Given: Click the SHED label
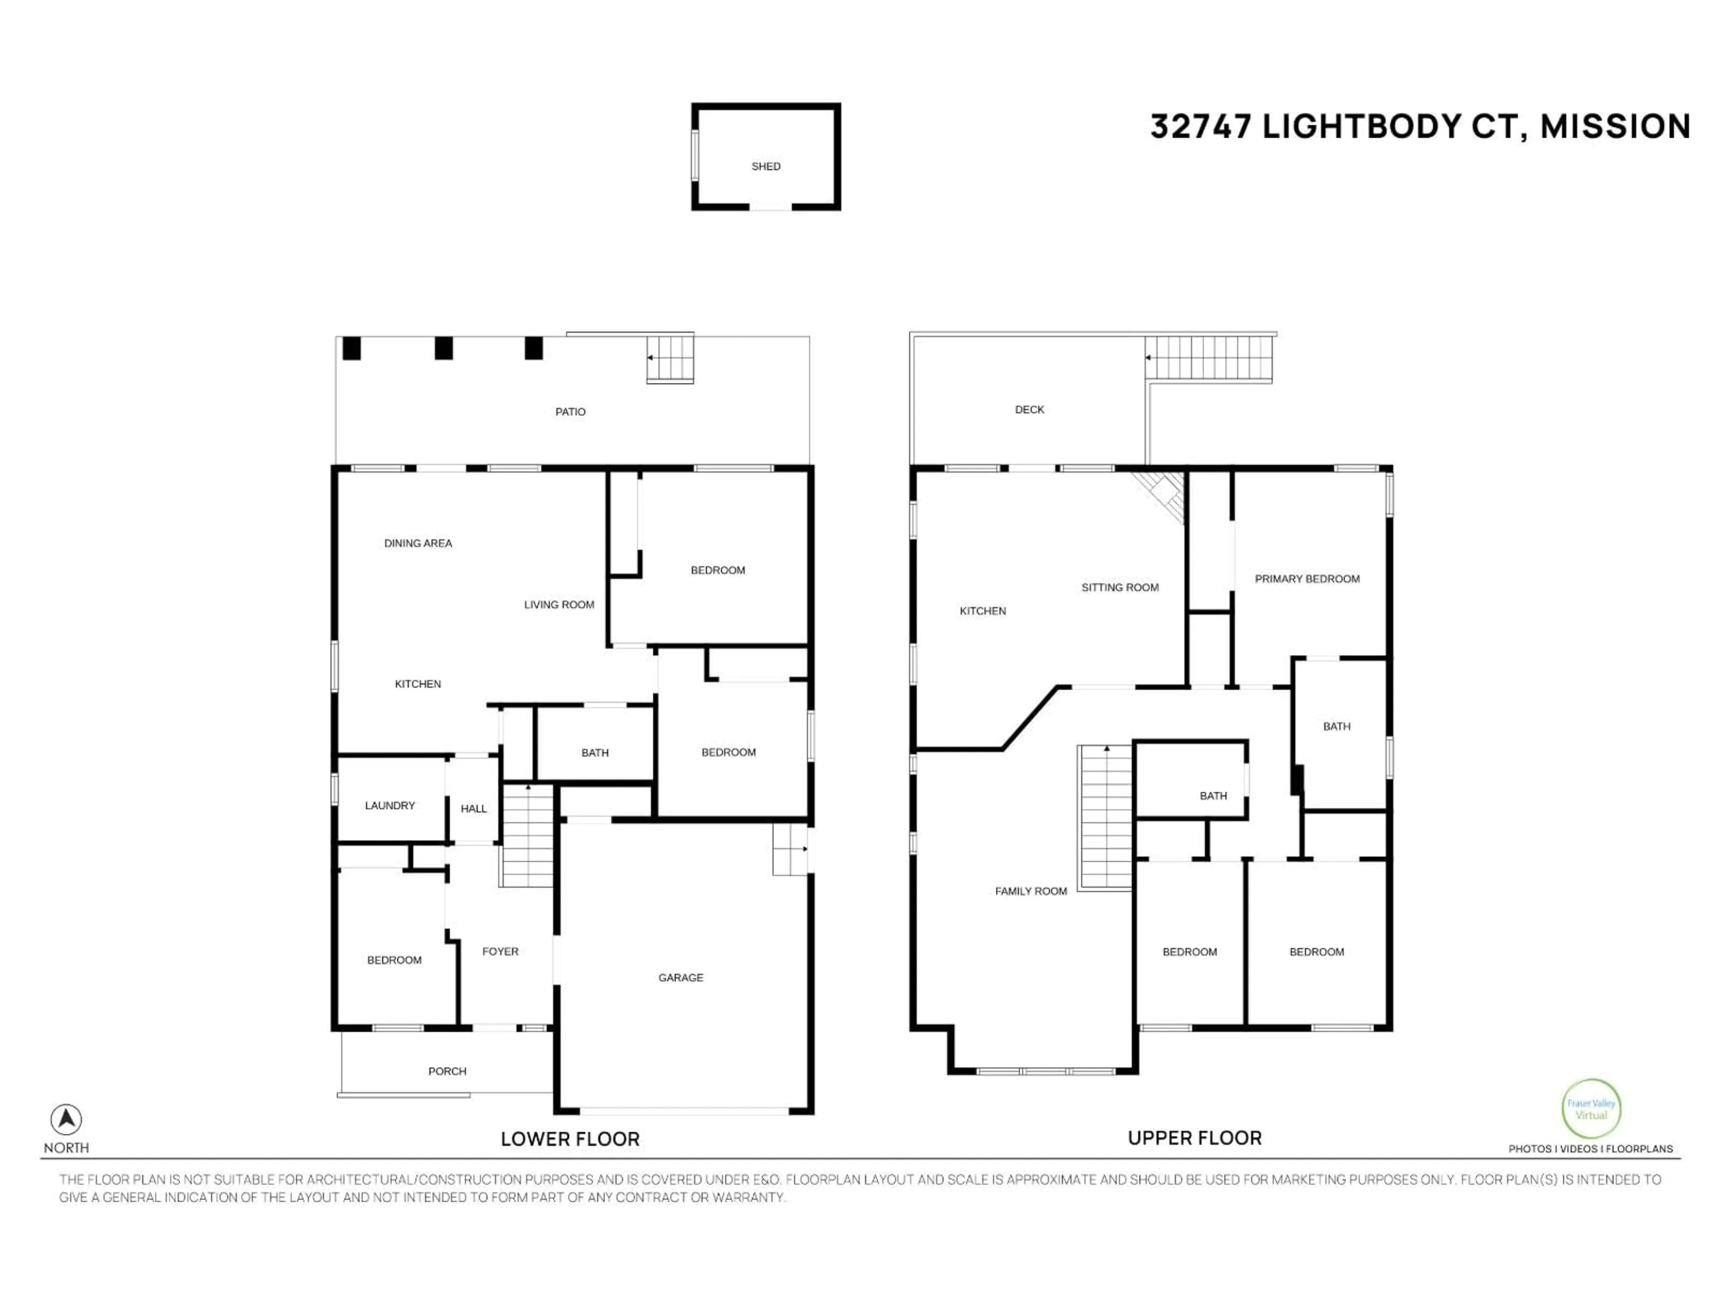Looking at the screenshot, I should pyautogui.click(x=765, y=166).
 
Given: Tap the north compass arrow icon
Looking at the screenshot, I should pyautogui.click(x=66, y=1119).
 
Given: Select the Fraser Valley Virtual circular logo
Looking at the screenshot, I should pyautogui.click(x=1591, y=1109).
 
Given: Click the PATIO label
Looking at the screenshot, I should pyautogui.click(x=570, y=412).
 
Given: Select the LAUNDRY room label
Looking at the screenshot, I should pyautogui.click(x=390, y=806).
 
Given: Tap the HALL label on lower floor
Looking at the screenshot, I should pyautogui.click(x=473, y=809).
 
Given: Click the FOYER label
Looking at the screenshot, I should pyautogui.click(x=500, y=951).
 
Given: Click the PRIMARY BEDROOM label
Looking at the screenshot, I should pyautogui.click(x=1306, y=578).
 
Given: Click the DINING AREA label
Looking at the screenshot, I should pyautogui.click(x=418, y=543).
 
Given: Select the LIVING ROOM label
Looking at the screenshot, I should pyautogui.click(x=558, y=605).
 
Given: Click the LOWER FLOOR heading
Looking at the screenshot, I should pyautogui.click(x=570, y=1139).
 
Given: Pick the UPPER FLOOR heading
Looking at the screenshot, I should pyautogui.click(x=1194, y=1138).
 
